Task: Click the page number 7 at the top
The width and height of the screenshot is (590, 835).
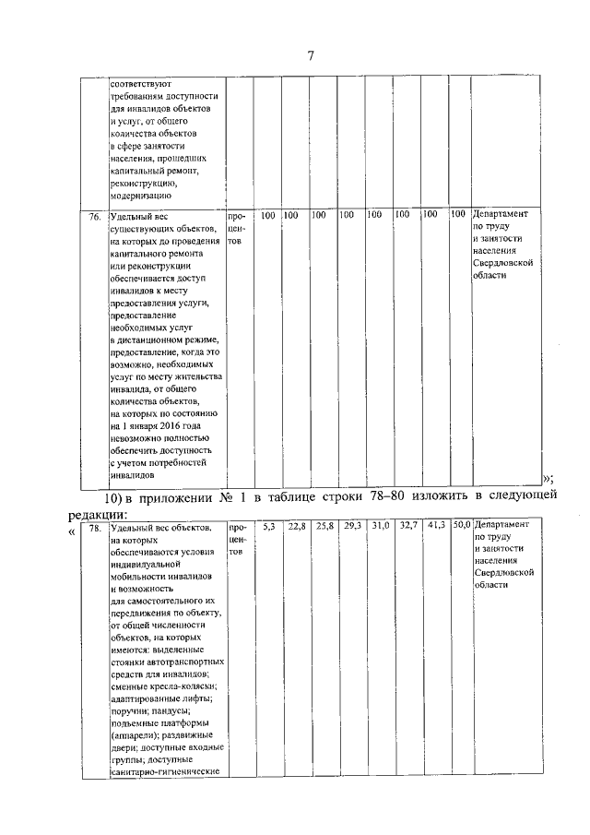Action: (x=311, y=56)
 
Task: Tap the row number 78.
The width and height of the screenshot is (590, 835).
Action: (x=94, y=527)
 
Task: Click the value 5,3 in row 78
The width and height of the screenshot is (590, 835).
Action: (x=268, y=526)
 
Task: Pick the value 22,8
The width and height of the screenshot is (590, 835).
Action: (x=296, y=526)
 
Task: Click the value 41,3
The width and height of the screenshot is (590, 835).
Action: (x=436, y=526)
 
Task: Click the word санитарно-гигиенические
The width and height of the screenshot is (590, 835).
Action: (x=163, y=769)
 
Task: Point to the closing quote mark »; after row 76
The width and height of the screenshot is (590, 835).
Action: (x=547, y=477)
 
